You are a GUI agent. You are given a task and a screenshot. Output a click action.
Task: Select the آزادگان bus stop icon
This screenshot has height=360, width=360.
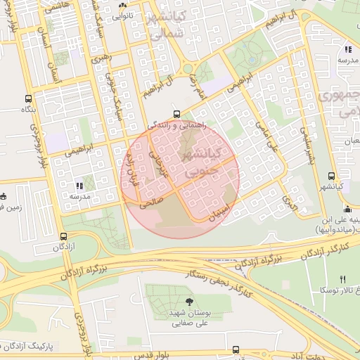click(x=65, y=237)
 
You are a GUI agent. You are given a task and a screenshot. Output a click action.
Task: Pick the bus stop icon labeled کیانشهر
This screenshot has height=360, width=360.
click(x=331, y=176)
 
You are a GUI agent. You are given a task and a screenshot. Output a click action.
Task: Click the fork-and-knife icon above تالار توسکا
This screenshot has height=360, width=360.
click(x=343, y=278)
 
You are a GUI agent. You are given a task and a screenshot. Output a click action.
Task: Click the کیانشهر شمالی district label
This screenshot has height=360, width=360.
click(x=167, y=25)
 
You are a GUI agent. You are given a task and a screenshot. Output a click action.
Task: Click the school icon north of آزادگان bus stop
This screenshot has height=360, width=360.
click(x=78, y=186)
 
